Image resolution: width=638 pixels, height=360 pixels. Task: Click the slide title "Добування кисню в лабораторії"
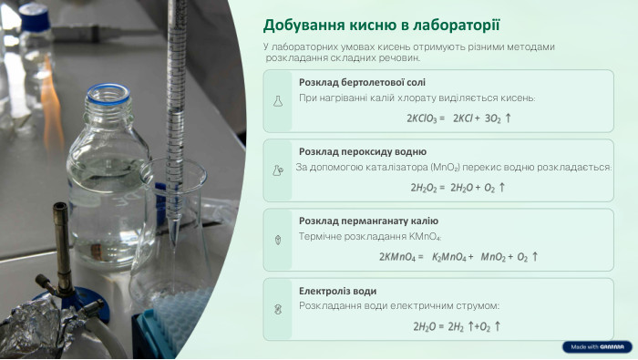(x=382, y=26)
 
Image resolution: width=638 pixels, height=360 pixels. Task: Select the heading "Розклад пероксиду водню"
(x=362, y=151)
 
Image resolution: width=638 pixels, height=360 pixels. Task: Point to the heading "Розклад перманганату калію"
(x=368, y=221)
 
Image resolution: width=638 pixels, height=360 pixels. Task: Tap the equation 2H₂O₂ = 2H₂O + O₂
(x=457, y=188)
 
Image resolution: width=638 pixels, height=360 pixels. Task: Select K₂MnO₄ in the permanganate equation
(x=452, y=257)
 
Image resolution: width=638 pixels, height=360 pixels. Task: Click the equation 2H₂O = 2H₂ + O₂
(x=457, y=326)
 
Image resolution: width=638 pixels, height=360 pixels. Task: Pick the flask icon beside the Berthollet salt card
(x=278, y=101)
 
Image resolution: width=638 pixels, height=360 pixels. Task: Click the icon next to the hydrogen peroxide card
(x=278, y=170)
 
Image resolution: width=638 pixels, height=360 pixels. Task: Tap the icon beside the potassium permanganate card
(x=278, y=240)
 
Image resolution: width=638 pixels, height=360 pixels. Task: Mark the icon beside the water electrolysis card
(x=278, y=309)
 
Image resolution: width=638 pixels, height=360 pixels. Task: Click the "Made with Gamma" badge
(x=596, y=346)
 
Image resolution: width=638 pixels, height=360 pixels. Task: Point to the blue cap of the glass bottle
(x=108, y=94)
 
